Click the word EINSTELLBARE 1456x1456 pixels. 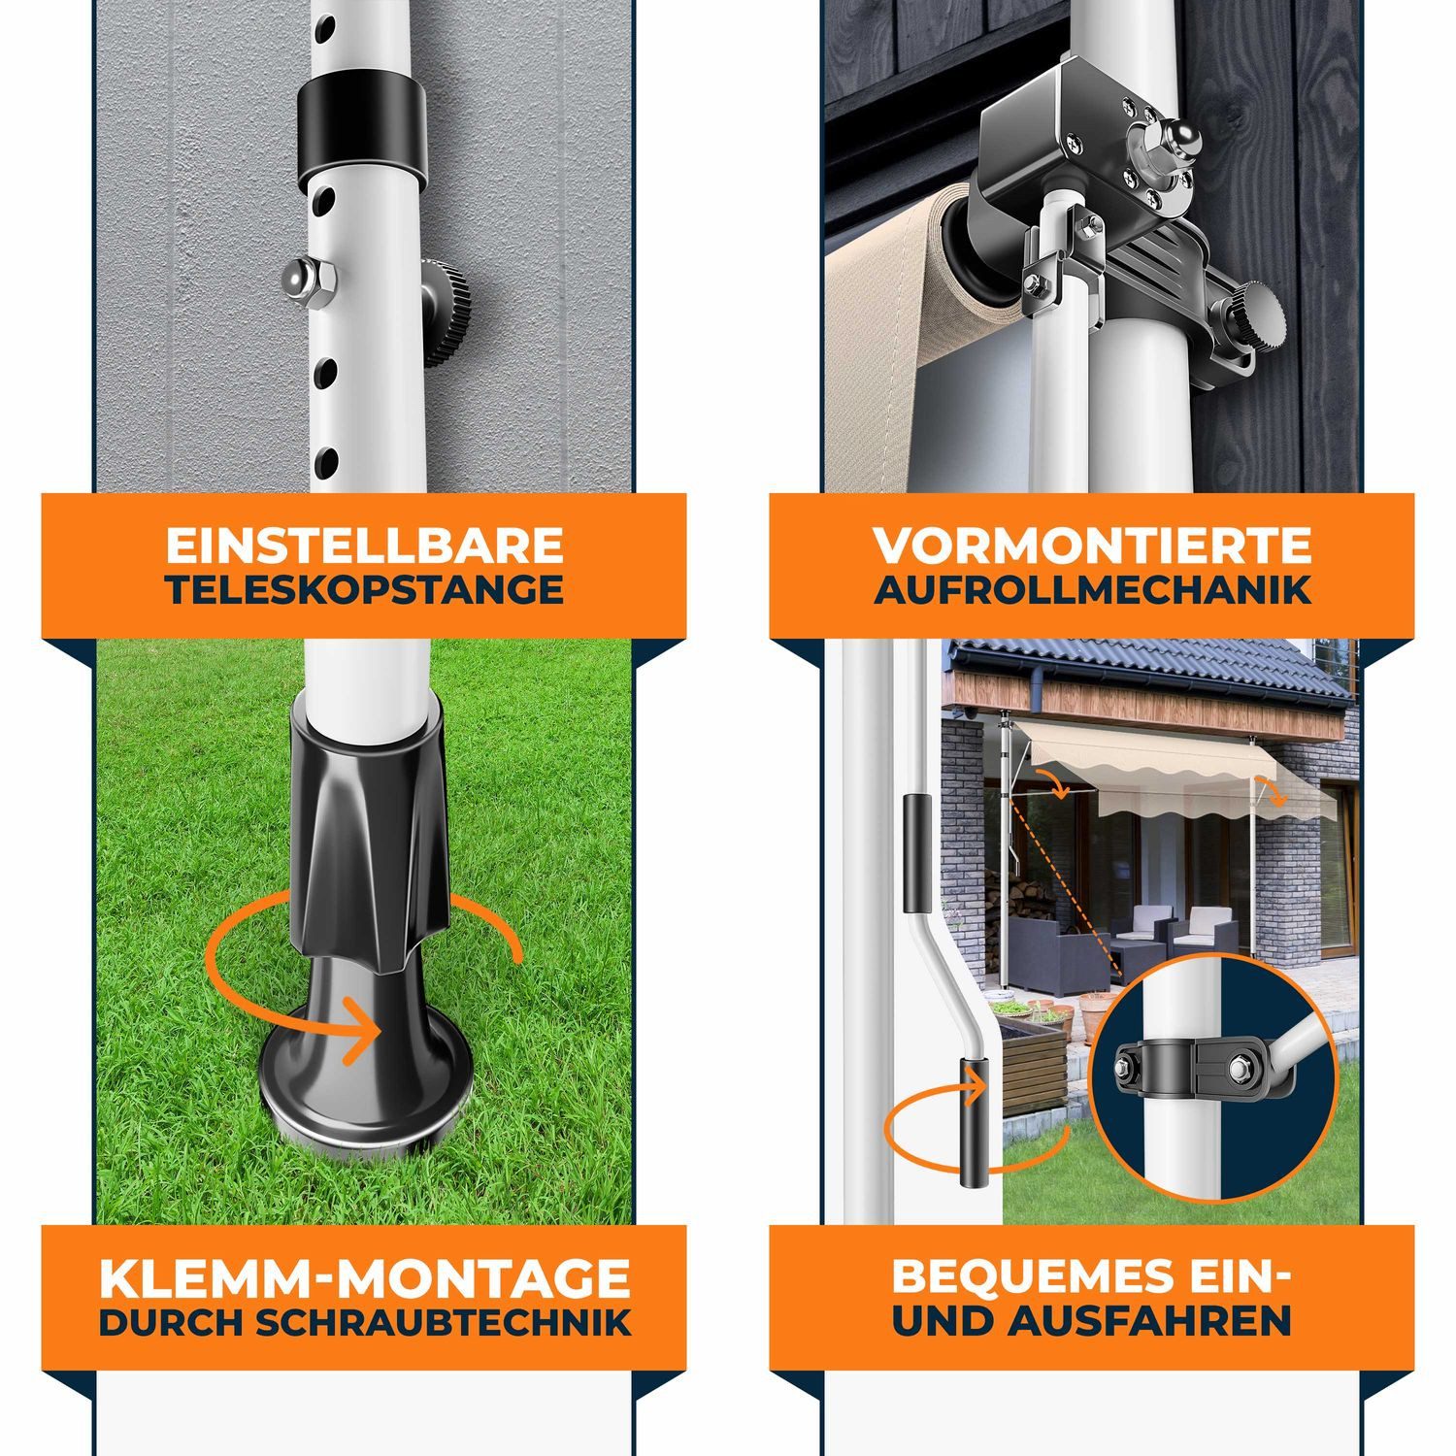tap(364, 546)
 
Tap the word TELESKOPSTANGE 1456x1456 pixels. tap(364, 589)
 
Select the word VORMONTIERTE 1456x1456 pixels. tap(1092, 546)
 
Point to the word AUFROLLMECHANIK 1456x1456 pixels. tap(1092, 589)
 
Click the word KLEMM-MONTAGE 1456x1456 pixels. tap(364, 1278)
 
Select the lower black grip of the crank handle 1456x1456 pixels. tap(974, 1123)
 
